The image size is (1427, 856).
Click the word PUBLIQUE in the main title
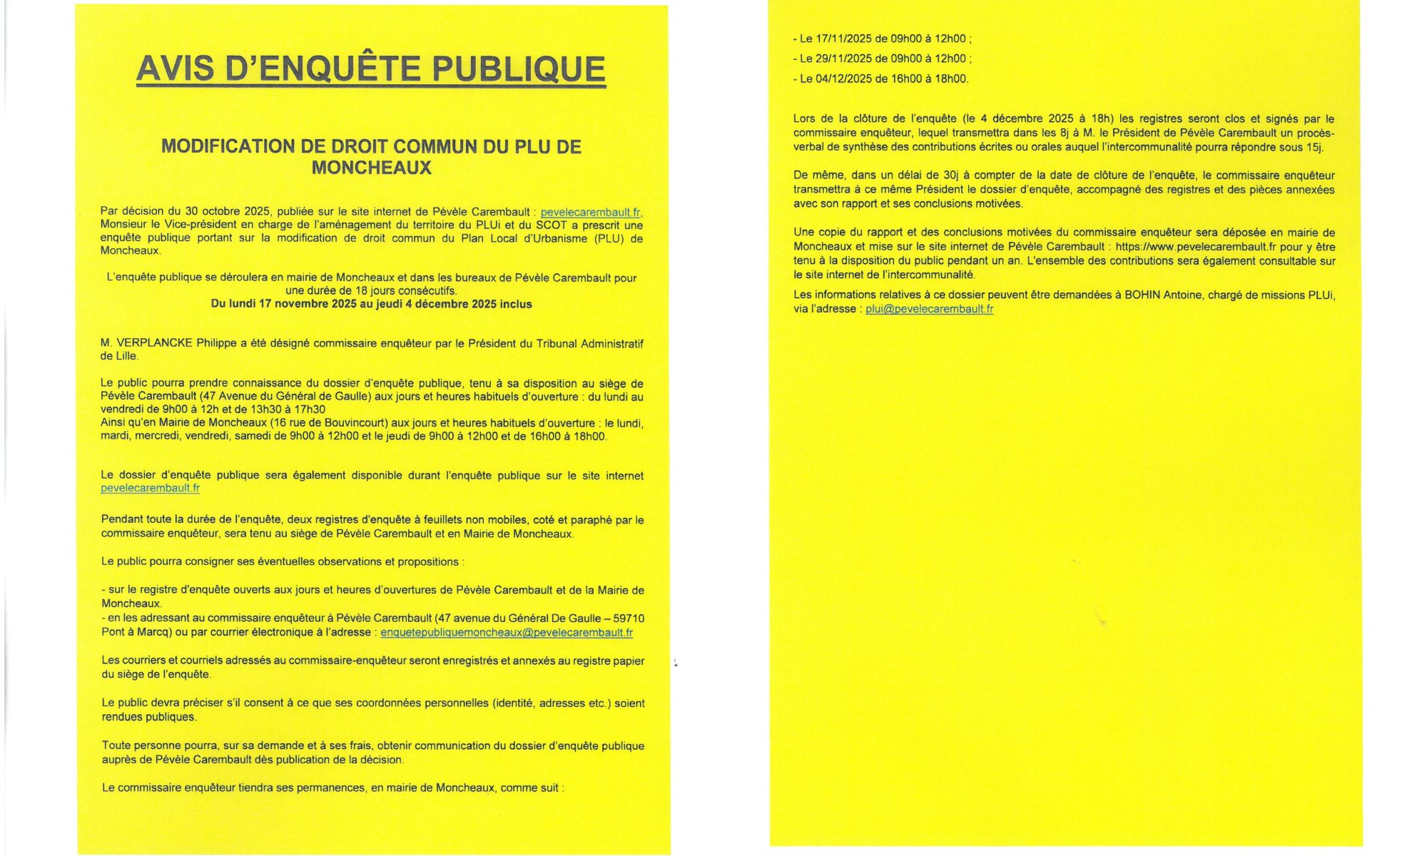(519, 69)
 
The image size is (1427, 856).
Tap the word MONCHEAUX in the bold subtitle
(371, 168)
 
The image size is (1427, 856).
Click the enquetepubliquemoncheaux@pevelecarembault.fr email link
(507, 633)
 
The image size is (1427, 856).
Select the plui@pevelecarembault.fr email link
(929, 309)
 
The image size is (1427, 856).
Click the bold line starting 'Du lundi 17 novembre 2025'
(371, 304)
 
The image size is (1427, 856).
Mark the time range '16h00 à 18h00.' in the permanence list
(930, 79)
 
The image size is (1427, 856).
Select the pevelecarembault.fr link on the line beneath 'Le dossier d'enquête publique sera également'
(150, 489)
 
